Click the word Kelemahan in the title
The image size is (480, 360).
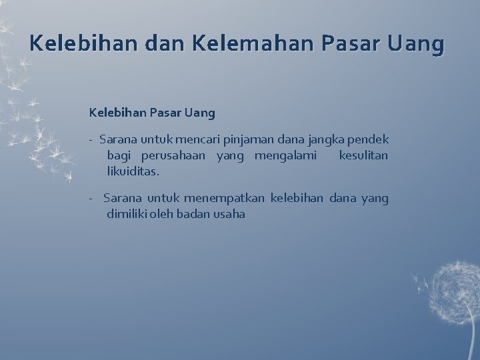pos(253,45)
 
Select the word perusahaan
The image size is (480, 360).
pos(174,156)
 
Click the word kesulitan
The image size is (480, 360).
pos(363,156)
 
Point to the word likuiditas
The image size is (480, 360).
pos(133,171)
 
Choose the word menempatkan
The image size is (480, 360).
pos(225,198)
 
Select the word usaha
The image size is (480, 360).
pos(229,214)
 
